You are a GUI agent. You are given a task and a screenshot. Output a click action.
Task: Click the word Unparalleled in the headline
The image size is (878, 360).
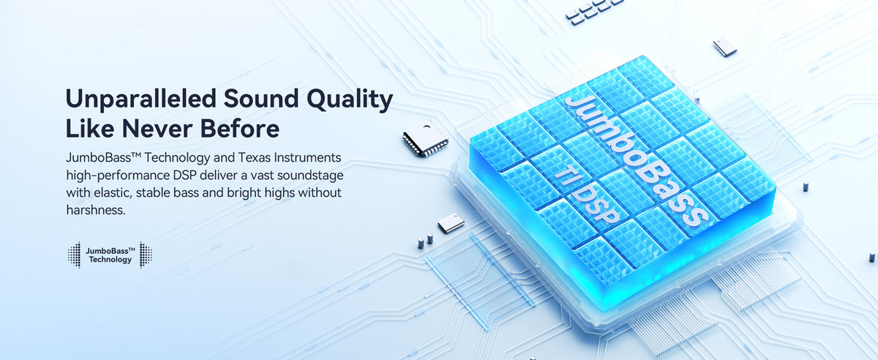tap(140, 99)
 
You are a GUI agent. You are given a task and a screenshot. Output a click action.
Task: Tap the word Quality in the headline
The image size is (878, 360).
tap(350, 100)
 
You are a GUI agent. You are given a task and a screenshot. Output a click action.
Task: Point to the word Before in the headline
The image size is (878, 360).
tap(240, 129)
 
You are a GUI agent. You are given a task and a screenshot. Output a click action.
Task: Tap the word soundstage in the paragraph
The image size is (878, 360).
tap(310, 176)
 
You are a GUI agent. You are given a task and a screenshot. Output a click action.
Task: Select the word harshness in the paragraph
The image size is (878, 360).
tap(96, 210)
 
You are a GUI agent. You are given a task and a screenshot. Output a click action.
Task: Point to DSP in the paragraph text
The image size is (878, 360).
tap(184, 176)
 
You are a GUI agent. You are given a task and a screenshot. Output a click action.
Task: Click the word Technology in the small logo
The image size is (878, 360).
tap(110, 260)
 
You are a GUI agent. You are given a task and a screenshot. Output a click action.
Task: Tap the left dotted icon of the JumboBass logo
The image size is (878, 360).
tap(74, 255)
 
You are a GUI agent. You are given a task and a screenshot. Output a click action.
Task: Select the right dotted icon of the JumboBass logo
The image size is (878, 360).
tap(146, 255)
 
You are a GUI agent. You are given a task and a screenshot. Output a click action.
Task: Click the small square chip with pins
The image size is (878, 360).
tap(426, 138)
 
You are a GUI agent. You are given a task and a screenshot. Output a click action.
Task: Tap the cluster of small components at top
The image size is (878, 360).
tap(592, 10)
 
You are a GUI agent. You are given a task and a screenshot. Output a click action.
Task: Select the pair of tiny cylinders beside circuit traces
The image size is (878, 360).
tap(425, 241)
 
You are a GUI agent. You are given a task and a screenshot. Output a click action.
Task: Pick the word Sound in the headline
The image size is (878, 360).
tap(261, 99)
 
